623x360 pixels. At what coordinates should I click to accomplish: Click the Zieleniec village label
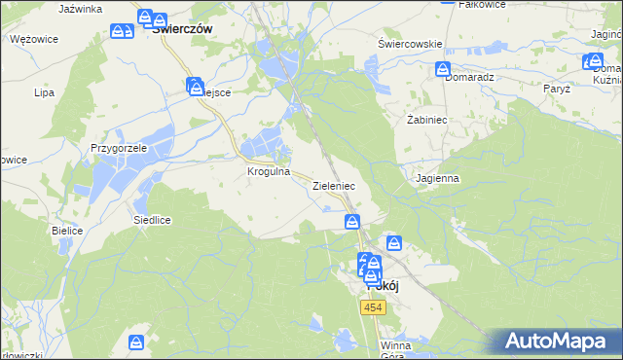333,185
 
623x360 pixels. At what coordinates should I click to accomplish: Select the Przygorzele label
118,148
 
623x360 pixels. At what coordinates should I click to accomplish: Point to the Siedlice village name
152,220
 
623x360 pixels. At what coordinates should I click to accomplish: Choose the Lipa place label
44,93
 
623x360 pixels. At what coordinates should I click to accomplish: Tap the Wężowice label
34,39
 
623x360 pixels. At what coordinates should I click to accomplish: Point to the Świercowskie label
410,44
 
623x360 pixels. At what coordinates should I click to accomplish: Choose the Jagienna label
436,179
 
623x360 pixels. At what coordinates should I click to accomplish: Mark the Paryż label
557,89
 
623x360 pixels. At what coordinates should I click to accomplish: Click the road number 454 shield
373,307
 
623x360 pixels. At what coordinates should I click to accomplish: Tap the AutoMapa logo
556,342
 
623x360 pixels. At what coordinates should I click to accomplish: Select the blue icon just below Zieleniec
352,223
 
